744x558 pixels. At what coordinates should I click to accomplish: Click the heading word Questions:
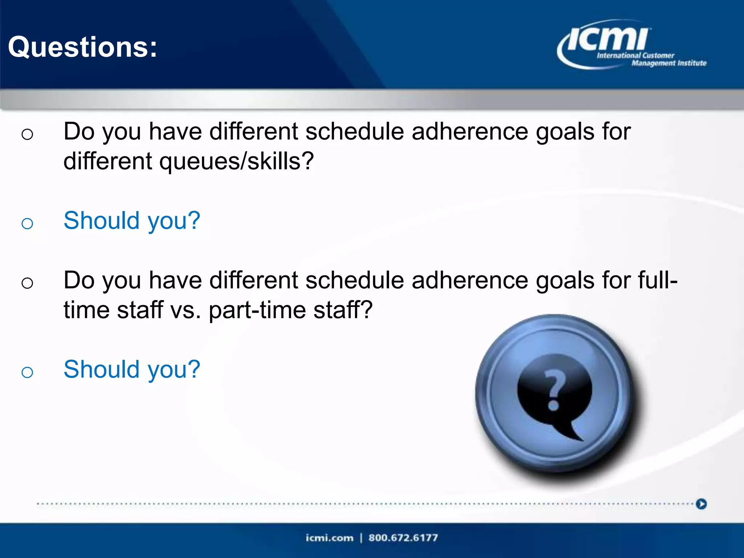click(x=83, y=47)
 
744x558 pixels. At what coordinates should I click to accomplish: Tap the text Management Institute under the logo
click(x=669, y=63)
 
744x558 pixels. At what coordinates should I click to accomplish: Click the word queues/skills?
click(x=236, y=161)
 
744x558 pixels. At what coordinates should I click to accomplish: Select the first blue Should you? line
click(x=132, y=221)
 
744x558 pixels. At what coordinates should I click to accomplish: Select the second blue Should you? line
click(x=132, y=369)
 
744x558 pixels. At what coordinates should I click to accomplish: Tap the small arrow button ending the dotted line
click(x=701, y=504)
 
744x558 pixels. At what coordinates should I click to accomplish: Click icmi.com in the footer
click(x=329, y=538)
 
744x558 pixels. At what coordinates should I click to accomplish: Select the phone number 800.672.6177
click(x=403, y=538)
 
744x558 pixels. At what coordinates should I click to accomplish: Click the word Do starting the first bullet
click(x=79, y=131)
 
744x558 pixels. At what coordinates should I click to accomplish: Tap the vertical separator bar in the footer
click(x=361, y=538)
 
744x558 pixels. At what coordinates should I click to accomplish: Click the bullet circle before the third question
click(x=27, y=283)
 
